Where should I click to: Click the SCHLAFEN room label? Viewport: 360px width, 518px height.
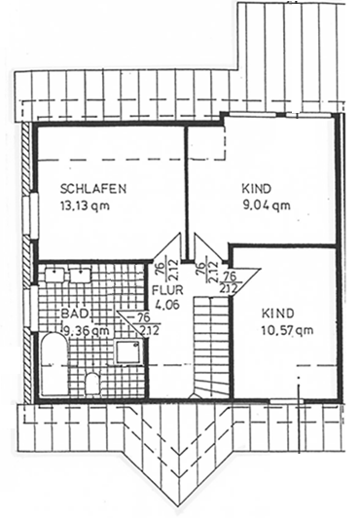(93, 189)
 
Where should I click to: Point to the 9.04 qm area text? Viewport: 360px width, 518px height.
(265, 204)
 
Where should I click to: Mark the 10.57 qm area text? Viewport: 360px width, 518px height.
(287, 331)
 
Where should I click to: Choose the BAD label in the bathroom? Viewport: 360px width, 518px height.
(72, 314)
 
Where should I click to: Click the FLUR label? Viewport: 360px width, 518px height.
(165, 289)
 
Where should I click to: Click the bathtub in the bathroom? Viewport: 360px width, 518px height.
(54, 366)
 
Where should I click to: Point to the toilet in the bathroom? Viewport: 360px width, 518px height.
(92, 383)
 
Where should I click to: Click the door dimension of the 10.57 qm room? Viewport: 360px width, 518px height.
(229, 280)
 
